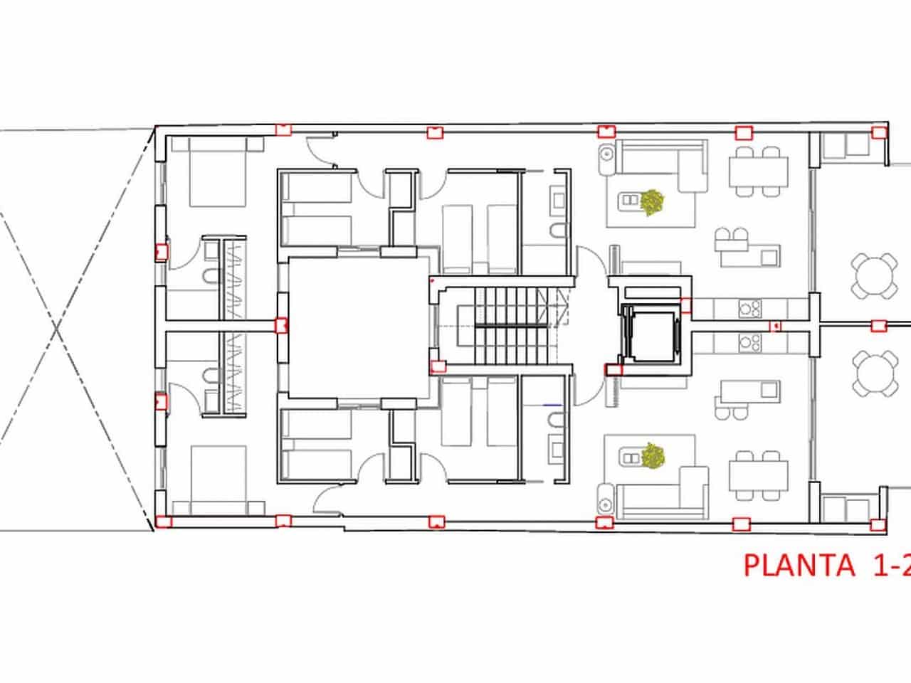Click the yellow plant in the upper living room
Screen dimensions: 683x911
point(651,203)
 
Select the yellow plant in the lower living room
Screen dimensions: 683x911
point(651,455)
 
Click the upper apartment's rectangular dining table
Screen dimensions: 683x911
point(758,171)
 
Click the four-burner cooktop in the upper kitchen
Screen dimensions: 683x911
point(749,307)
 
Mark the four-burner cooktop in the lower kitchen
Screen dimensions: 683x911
point(749,344)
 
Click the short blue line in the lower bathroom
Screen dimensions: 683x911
point(552,405)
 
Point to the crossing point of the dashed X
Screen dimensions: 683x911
point(56,328)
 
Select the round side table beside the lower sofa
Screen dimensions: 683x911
point(606,497)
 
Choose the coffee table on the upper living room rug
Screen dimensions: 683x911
point(630,201)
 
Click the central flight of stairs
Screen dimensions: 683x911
point(502,326)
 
